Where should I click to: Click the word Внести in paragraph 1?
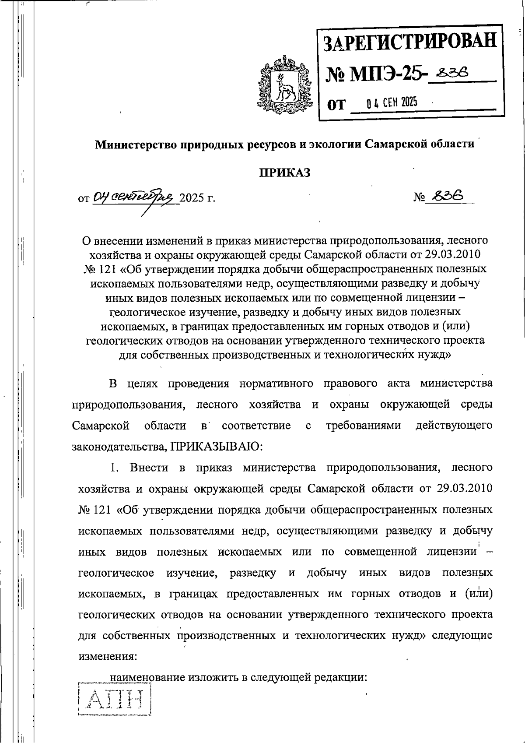pos(149,467)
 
